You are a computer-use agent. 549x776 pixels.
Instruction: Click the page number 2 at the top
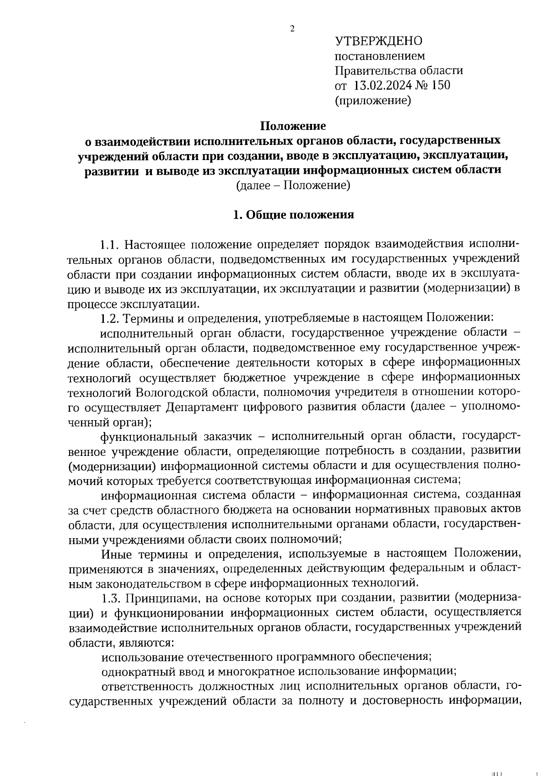292,28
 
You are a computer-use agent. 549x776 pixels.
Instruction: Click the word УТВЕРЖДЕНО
379,41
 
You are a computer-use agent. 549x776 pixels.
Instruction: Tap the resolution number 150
441,85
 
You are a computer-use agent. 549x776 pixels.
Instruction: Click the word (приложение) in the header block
373,100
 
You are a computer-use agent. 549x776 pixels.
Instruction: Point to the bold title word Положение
293,125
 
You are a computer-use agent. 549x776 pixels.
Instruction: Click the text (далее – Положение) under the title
293,185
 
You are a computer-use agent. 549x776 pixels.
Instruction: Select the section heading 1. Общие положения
293,215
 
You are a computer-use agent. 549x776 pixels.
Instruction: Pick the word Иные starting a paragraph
116,554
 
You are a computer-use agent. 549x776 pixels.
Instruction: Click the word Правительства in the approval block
373,70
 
